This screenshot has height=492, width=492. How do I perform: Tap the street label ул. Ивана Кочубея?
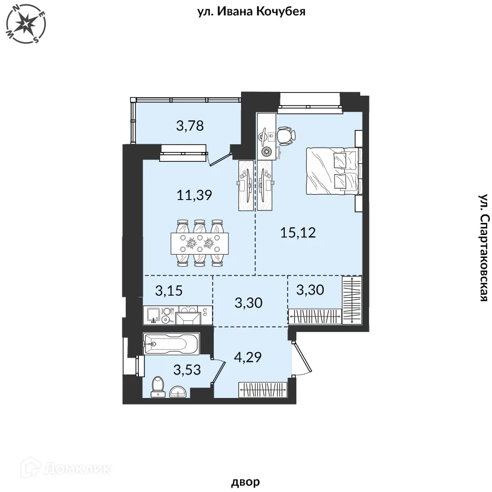tap(251, 11)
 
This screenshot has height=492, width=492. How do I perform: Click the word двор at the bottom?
tap(245, 482)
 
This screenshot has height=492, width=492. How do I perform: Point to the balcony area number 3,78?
tap(190, 126)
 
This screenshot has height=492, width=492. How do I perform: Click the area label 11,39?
tap(195, 195)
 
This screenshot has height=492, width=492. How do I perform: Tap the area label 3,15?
tap(169, 291)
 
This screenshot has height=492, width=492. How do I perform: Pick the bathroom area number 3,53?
tap(187, 370)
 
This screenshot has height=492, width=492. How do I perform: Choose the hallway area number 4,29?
tap(248, 357)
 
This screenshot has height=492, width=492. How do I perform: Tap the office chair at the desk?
tap(286, 136)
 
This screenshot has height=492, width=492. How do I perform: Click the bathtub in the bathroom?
tap(171, 344)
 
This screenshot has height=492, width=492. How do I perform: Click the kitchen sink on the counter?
tap(153, 315)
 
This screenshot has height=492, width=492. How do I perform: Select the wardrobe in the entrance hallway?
tap(263, 390)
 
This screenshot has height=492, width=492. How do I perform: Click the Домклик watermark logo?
tap(66, 469)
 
